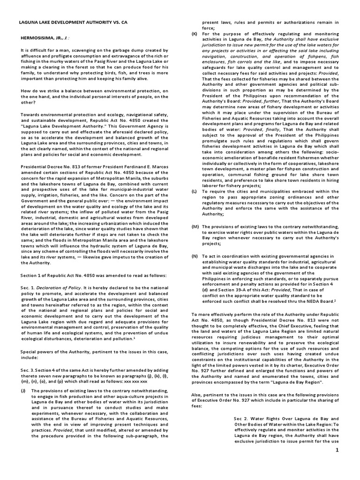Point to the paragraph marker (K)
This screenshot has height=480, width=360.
pos(194,34)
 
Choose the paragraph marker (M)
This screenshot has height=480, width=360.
pos(194,226)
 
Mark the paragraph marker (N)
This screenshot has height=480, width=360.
pos(194,256)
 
